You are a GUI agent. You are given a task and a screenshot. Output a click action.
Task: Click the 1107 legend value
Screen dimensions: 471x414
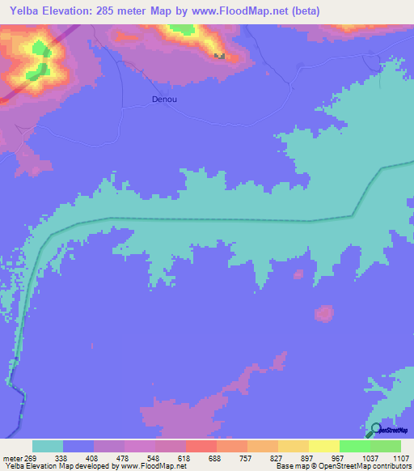pos(395,457)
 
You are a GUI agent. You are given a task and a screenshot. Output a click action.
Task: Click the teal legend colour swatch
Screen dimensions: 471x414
pos(48,446)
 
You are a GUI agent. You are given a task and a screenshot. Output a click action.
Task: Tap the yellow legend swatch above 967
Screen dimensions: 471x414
pos(323,446)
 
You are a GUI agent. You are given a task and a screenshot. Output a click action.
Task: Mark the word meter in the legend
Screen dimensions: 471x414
pos(12,457)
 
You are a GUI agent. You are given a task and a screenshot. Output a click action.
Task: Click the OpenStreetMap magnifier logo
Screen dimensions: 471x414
pos(375,430)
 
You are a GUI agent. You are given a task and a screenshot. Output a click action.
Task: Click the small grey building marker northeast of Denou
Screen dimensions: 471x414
pos(219,56)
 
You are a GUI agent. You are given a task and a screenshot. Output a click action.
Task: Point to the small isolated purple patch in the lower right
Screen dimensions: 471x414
pos(324,312)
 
